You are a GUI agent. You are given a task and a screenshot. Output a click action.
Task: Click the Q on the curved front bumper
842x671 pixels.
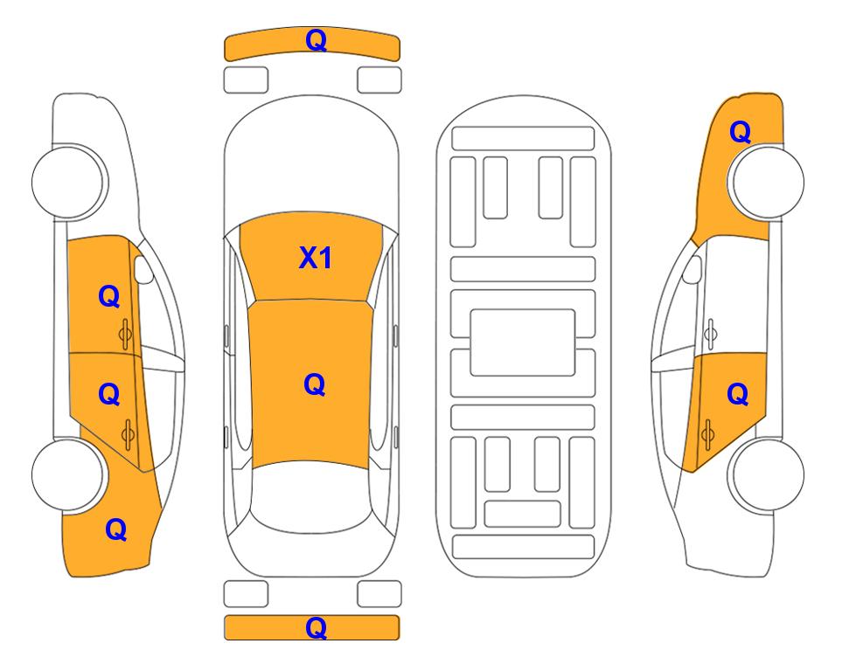tap(316, 40)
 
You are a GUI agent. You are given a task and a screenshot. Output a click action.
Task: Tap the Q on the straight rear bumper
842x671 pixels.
tap(316, 627)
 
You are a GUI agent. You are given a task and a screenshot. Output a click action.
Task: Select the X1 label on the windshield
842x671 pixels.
tap(316, 258)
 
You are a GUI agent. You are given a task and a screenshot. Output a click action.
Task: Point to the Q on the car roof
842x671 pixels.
tap(314, 384)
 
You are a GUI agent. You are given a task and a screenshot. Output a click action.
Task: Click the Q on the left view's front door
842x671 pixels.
tap(109, 296)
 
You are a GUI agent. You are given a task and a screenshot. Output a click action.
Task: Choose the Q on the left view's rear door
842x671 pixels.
tap(109, 395)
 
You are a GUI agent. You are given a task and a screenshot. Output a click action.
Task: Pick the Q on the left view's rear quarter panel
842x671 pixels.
tap(116, 529)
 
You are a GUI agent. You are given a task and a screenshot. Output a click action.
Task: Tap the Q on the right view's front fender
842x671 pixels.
tap(740, 132)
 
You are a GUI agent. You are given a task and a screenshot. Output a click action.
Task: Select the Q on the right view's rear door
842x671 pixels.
tap(737, 395)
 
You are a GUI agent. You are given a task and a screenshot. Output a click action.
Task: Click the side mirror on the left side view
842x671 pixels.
tap(143, 269)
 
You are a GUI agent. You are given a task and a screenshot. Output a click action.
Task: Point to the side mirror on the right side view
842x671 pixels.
tap(692, 269)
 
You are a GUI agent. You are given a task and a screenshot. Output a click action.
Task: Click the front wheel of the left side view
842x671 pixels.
tap(68, 182)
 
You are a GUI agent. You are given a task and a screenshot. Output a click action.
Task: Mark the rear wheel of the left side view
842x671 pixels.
tap(68, 474)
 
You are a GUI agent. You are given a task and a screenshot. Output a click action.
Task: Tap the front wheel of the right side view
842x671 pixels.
tap(766, 182)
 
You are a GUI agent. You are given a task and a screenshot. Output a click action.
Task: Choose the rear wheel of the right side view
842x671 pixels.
tap(766, 474)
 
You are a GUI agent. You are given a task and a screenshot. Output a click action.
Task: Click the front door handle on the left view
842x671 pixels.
tap(125, 334)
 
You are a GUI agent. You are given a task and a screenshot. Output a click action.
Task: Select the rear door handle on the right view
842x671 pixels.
tap(707, 435)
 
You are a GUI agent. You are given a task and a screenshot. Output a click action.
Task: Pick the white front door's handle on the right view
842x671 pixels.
tap(711, 334)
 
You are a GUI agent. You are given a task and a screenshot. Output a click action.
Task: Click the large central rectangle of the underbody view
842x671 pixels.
tap(523, 342)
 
